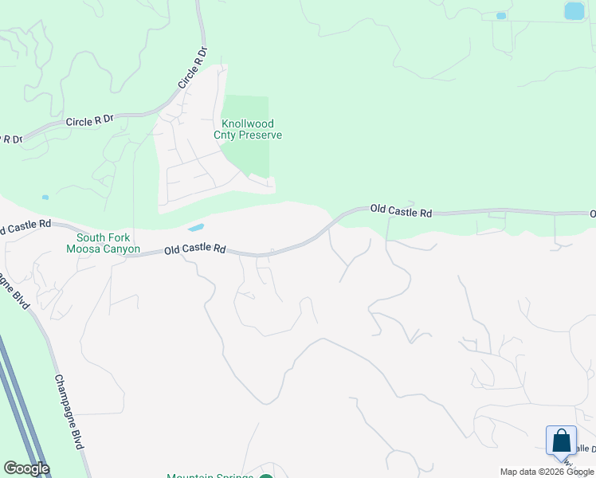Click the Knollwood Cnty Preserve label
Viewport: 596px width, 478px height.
pyautogui.click(x=248, y=129)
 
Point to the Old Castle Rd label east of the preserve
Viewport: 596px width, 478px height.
pyautogui.click(x=401, y=212)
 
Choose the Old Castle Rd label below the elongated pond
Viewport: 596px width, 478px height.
pyautogui.click(x=195, y=249)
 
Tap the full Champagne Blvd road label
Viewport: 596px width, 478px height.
pyautogui.click(x=69, y=411)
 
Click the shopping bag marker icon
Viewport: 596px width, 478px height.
pyautogui.click(x=561, y=441)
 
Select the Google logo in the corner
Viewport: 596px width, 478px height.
pyautogui.click(x=26, y=468)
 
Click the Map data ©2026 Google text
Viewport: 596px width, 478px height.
pyautogui.click(x=547, y=472)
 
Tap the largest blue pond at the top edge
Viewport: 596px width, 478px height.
pyautogui.click(x=574, y=10)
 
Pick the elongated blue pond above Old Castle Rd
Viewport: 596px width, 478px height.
pyautogui.click(x=195, y=228)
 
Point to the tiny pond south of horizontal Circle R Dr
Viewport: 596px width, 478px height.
pyautogui.click(x=45, y=197)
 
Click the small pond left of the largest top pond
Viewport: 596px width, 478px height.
pyautogui.click(x=501, y=16)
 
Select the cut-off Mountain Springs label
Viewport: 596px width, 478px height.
pyautogui.click(x=210, y=476)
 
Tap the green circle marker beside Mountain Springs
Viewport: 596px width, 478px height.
pyautogui.click(x=266, y=476)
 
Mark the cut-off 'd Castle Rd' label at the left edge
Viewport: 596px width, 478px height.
pyautogui.click(x=25, y=227)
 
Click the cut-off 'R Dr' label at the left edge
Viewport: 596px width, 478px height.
pyautogui.click(x=11, y=139)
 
